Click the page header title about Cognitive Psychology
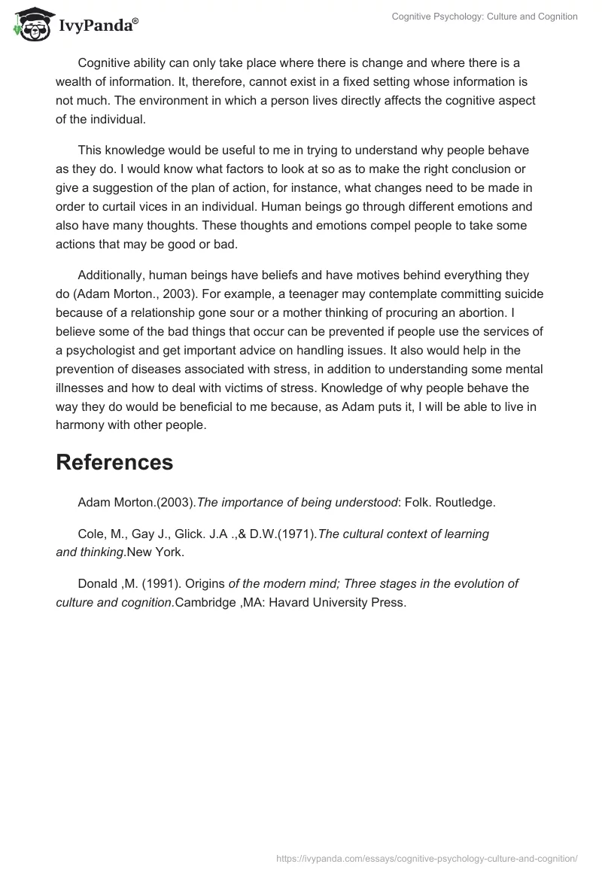(485, 17)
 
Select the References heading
(114, 462)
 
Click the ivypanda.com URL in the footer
(426, 857)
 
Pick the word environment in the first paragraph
(229, 101)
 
